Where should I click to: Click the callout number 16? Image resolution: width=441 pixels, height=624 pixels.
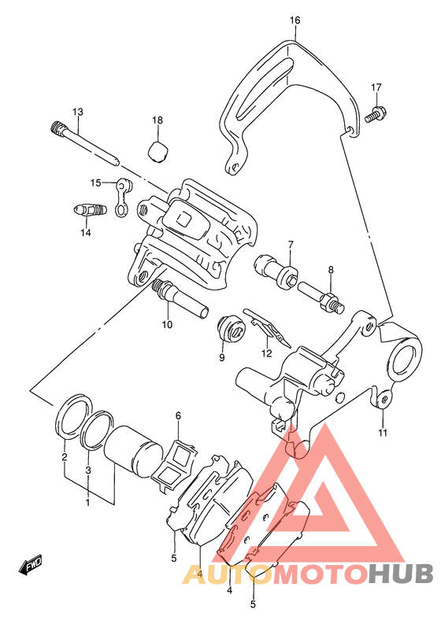pos(295,20)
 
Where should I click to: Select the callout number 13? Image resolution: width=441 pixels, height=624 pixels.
pos(78,112)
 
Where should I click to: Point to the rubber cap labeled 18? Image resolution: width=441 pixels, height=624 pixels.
pos(157,151)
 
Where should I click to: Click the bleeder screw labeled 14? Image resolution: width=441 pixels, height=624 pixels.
pos(91,210)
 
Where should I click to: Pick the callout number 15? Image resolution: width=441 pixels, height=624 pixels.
pos(95,183)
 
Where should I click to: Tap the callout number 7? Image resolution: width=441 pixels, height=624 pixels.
pos(291,244)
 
